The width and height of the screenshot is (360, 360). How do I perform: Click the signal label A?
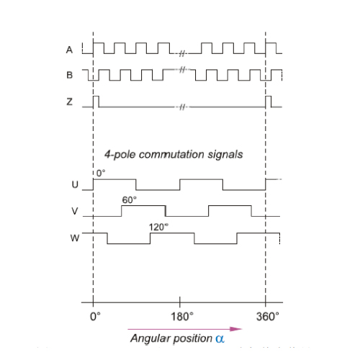coord(69,50)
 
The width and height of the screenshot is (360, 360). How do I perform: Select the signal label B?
coord(70,75)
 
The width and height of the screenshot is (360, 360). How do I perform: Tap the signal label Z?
coord(69,102)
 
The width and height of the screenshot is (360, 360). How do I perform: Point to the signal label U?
coord(75,184)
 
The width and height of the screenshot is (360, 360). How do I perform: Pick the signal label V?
coord(75,211)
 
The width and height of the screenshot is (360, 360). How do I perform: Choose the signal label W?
coord(75,238)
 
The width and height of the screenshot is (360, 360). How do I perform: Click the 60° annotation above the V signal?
coord(130,199)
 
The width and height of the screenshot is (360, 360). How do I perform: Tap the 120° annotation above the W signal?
coord(158,227)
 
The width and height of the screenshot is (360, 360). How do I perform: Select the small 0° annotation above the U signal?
coord(101,173)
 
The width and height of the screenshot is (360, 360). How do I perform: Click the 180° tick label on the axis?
coord(182,317)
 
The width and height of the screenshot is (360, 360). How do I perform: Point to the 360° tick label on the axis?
coord(268,317)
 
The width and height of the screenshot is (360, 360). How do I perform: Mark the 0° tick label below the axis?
coord(95,317)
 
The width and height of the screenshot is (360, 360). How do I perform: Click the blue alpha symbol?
coord(220,338)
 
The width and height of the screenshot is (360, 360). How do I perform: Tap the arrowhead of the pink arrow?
coord(236,329)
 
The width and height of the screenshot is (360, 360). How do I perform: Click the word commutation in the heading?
coord(171,154)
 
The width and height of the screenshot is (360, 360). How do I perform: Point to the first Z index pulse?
coord(96,102)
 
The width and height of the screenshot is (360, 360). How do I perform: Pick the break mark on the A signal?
coord(182,53)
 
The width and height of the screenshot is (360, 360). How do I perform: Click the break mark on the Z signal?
coord(183,107)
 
